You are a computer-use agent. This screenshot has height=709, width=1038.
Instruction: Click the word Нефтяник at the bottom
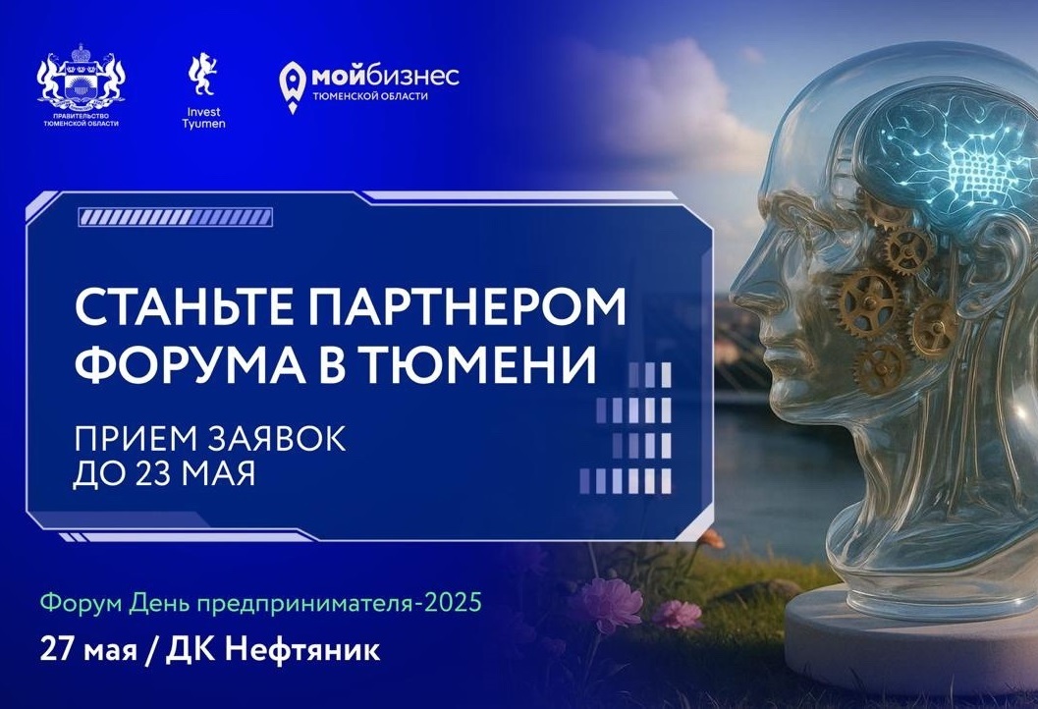click(x=302, y=649)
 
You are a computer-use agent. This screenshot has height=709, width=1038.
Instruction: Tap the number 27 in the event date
click(x=57, y=649)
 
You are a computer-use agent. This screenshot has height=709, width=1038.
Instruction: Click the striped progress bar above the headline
click(x=176, y=217)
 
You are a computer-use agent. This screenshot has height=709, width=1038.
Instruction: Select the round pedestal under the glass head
click(x=913, y=635)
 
